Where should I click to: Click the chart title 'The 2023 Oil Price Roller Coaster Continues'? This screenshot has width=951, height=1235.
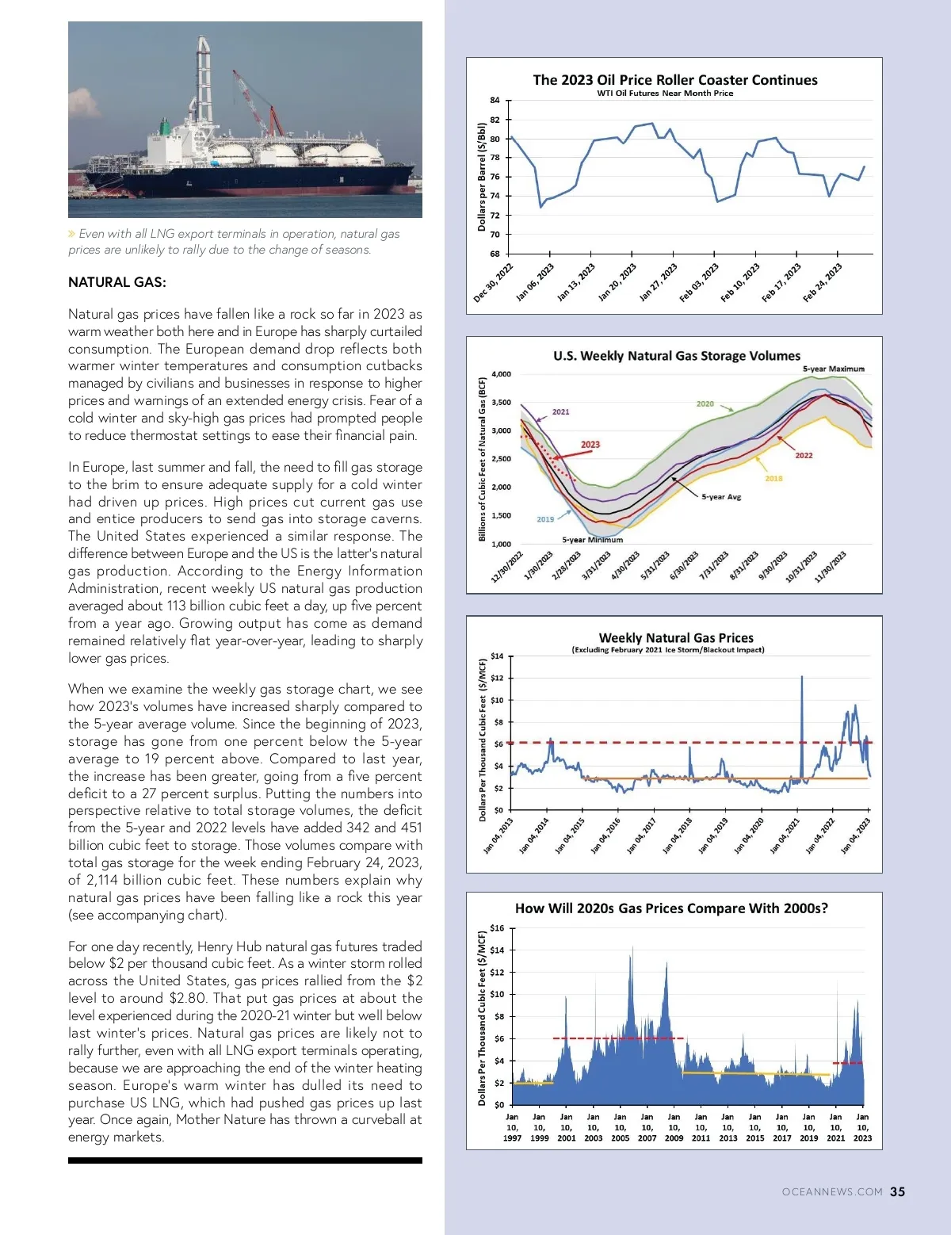pyautogui.click(x=675, y=80)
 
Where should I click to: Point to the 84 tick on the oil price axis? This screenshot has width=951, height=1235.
pyautogui.click(x=495, y=101)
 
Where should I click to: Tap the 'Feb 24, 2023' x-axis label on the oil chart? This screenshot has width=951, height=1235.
pyautogui.click(x=823, y=282)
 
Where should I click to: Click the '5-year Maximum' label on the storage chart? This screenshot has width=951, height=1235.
pyautogui.click(x=833, y=369)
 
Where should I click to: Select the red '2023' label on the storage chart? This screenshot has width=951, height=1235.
pyautogui.click(x=590, y=445)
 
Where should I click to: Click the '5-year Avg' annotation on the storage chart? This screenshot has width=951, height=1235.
pyautogui.click(x=721, y=497)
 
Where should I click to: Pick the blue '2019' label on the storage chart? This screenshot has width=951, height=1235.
pyautogui.click(x=545, y=519)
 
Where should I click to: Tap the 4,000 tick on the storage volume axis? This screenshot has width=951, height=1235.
pyautogui.click(x=501, y=374)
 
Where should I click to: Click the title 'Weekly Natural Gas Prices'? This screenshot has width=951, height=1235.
pyautogui.click(x=676, y=637)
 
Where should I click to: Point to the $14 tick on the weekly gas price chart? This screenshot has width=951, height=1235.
pyautogui.click(x=497, y=656)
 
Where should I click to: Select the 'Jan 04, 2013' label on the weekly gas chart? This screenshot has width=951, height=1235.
pyautogui.click(x=498, y=835)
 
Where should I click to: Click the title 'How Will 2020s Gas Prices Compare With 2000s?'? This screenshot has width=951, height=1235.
pyautogui.click(x=671, y=908)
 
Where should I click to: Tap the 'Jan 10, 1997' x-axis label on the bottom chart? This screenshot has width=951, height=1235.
pyautogui.click(x=512, y=1127)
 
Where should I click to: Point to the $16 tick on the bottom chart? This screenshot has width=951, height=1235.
pyautogui.click(x=497, y=928)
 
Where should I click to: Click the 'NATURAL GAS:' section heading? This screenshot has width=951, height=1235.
pyautogui.click(x=117, y=282)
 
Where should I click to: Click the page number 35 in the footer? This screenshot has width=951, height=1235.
pyautogui.click(x=897, y=1191)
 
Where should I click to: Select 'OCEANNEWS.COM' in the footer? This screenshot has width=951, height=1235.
pyautogui.click(x=832, y=1192)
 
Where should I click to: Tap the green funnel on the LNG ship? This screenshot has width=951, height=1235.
pyautogui.click(x=165, y=127)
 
